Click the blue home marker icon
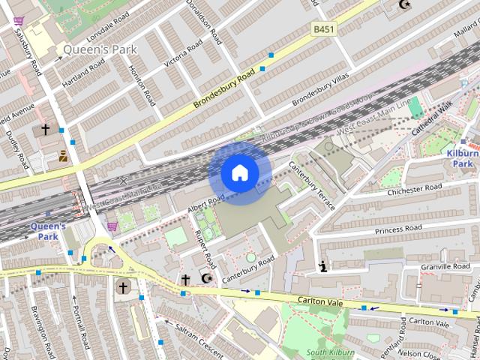[x=240, y=173]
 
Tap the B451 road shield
[x=322, y=28]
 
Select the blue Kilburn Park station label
[x=461, y=158]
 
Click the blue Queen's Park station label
[x=48, y=231]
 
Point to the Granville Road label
[x=445, y=266]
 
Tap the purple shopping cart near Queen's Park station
[x=112, y=226]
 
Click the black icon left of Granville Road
[x=323, y=265]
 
